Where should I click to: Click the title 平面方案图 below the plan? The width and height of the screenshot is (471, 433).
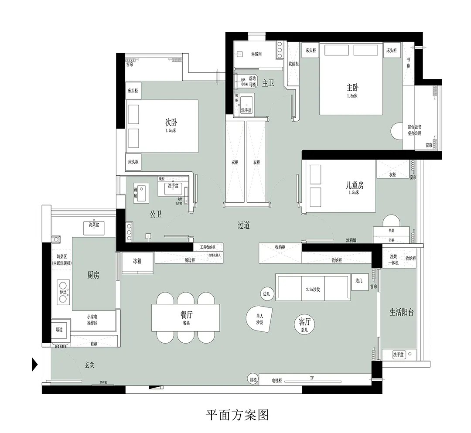(x=237, y=415)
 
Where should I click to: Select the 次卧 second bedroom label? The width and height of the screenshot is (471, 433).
(x=171, y=123)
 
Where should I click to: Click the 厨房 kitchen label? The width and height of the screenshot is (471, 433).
(x=93, y=275)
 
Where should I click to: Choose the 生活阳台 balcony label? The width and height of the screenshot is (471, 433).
(x=401, y=312)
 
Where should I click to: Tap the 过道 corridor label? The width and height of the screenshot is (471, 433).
(x=244, y=225)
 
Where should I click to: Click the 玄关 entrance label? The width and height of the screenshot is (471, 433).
(x=90, y=365)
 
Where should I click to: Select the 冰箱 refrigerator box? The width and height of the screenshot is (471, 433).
(x=137, y=261)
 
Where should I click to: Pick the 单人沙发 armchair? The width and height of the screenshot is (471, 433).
(x=260, y=319)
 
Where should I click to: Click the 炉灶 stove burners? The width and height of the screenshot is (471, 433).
(x=63, y=292)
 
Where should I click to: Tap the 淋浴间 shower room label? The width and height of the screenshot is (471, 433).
(x=256, y=55)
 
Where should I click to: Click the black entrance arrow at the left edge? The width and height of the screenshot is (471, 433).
(x=35, y=364)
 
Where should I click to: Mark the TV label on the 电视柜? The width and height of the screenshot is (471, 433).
(x=312, y=378)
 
